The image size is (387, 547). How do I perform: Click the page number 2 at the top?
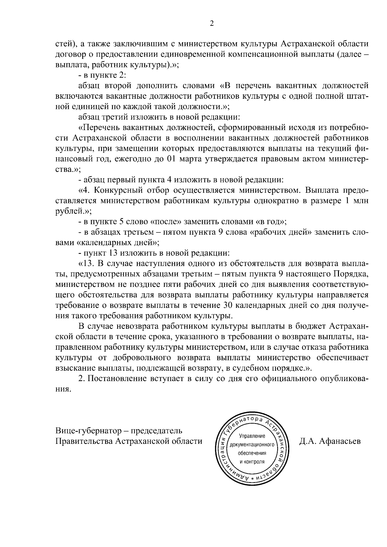click(212, 23)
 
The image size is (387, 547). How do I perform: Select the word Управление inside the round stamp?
click(252, 436)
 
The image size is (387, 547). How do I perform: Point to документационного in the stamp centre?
click(252, 445)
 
